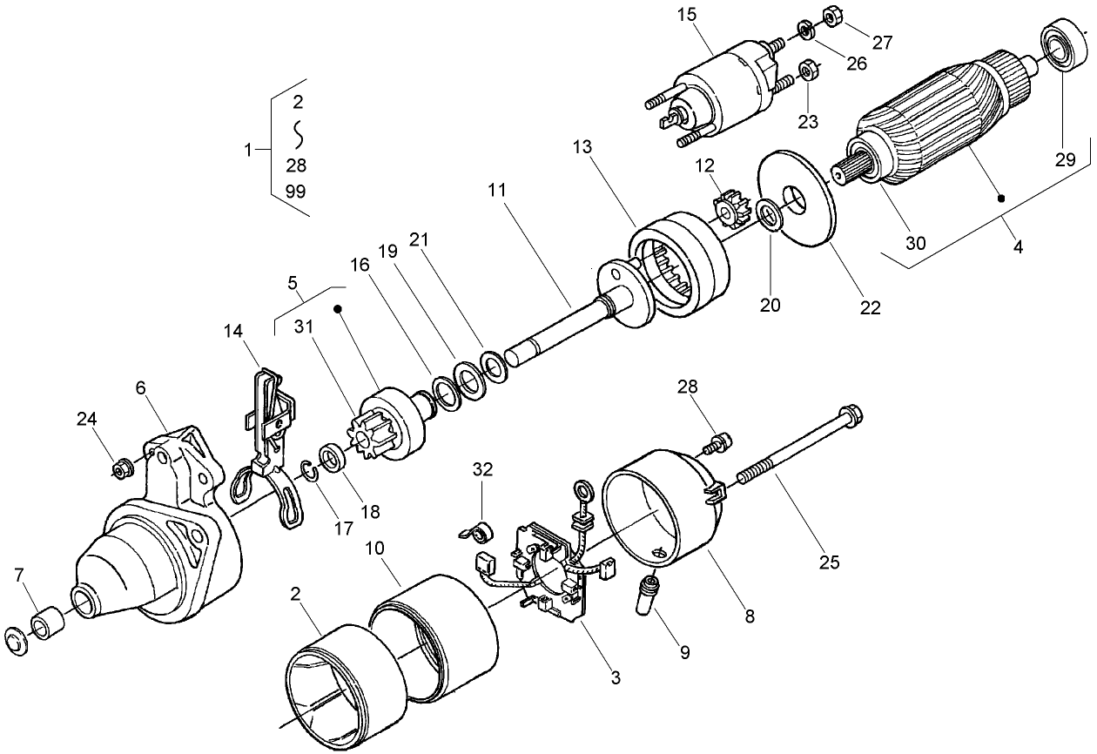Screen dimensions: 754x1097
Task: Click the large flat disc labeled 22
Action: [797, 198]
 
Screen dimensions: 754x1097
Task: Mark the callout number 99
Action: [296, 192]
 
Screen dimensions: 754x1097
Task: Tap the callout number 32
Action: [482, 470]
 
